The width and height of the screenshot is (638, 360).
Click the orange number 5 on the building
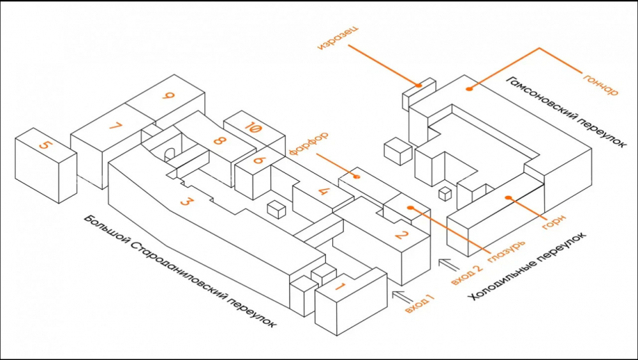click(x=45, y=146)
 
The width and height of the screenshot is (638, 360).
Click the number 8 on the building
click(x=218, y=141)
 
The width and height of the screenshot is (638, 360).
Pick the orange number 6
click(x=259, y=160)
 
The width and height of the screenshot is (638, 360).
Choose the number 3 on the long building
click(x=185, y=201)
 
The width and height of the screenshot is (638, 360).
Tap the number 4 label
click(x=323, y=190)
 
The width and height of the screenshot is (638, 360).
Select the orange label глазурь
click(x=506, y=251)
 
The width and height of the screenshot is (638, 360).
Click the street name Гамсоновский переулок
click(x=566, y=111)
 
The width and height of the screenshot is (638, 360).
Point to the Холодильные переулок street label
click(x=528, y=267)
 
